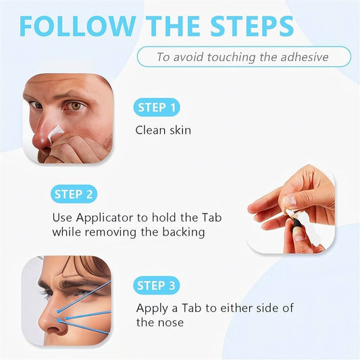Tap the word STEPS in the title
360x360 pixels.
tap(252, 26)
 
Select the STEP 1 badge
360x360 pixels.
tap(157, 107)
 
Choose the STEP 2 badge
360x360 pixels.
tap(74, 195)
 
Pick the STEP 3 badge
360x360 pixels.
tap(156, 286)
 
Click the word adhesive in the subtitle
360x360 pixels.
tap(305, 57)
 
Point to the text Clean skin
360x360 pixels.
tap(163, 130)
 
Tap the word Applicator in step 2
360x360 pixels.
tap(105, 218)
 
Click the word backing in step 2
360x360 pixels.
tap(184, 232)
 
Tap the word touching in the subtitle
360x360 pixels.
tap(231, 57)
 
